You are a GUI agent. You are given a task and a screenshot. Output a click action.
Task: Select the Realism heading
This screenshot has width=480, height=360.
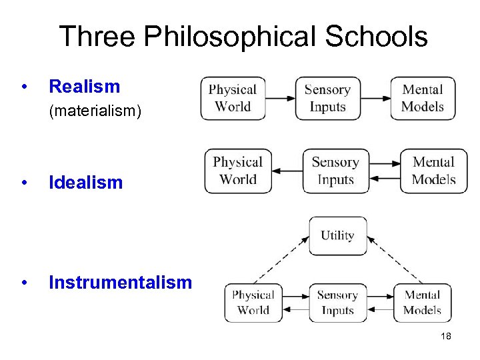tap(85, 87)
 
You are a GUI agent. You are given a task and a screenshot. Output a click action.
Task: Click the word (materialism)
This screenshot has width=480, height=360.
tap(95, 111)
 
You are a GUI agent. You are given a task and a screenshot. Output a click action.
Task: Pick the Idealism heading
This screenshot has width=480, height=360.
tap(86, 183)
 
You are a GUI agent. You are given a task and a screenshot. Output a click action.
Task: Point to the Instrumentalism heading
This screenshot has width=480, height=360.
tap(120, 283)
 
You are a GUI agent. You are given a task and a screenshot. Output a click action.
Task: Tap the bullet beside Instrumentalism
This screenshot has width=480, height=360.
tap(25, 283)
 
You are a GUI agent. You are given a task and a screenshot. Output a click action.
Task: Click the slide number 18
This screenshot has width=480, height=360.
tap(446, 336)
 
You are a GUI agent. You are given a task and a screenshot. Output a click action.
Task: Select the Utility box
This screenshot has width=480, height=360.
tap(337, 235)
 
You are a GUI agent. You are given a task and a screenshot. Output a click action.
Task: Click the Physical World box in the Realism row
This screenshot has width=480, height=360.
tap(233, 98)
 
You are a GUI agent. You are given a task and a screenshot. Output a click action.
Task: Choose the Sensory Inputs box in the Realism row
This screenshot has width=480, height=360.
tap(327, 98)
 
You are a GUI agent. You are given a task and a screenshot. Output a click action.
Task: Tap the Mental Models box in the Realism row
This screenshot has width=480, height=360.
tap(423, 98)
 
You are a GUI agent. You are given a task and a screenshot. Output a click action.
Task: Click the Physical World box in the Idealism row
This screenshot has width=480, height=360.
tap(238, 171)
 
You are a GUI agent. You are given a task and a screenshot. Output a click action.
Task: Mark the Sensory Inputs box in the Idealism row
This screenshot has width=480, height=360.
tap(335, 171)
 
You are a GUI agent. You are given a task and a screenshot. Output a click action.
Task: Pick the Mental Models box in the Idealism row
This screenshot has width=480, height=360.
tap(433, 171)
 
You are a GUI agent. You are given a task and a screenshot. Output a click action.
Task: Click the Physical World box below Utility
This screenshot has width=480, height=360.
tap(253, 302)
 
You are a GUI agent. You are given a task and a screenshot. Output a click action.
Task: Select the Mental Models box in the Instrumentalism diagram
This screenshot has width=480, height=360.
tap(422, 302)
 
